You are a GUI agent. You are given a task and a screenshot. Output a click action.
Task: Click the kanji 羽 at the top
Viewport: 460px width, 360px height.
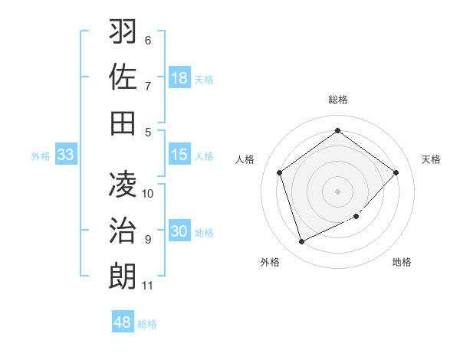point(123,32)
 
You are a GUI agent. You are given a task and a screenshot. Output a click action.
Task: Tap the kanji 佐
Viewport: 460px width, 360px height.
point(123,77)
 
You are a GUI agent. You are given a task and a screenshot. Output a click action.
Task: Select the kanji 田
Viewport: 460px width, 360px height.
point(123,122)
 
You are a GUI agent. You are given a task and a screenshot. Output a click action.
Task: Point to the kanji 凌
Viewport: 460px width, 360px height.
point(123,185)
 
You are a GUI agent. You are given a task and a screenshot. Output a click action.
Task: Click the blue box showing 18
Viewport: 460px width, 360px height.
point(179,78)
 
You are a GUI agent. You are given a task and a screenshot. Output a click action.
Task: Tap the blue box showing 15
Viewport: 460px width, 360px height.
point(179,155)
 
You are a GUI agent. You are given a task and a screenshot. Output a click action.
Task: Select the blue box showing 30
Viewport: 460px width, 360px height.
point(179,231)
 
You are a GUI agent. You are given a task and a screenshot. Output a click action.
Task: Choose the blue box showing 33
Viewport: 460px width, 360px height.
point(65,155)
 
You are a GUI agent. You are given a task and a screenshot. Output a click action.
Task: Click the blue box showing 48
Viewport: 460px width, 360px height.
point(123,322)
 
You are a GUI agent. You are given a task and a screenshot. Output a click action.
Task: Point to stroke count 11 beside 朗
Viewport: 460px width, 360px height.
point(148,286)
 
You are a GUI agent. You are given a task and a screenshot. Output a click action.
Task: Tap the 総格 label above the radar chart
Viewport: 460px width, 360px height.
point(338,100)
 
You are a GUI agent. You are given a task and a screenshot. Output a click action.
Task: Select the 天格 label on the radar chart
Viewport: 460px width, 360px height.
point(431,159)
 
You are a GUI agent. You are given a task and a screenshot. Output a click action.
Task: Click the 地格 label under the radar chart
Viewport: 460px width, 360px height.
point(402,262)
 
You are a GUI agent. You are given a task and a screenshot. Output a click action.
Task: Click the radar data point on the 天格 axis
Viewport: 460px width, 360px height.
point(396,172)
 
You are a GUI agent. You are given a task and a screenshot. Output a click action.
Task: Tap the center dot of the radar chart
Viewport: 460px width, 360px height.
point(338,191)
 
